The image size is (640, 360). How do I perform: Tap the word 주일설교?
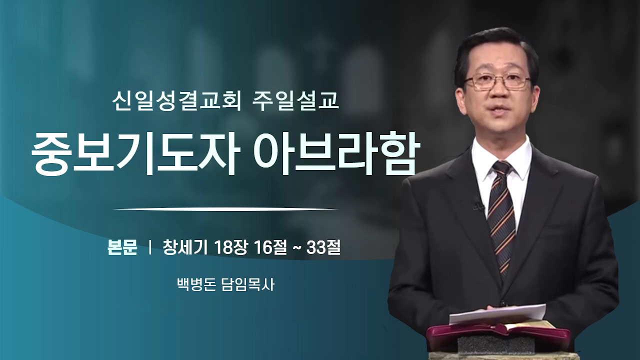point(295,101)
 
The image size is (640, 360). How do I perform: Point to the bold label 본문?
point(122,247)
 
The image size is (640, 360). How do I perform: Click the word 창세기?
point(185,247)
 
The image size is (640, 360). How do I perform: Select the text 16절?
point(270,247)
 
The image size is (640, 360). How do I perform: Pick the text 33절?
point(323,247)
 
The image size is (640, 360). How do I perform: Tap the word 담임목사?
point(248,284)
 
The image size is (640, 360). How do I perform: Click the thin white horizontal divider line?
point(225,209)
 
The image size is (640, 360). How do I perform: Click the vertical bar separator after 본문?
point(150,248)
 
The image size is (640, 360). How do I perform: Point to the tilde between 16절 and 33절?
point(296,248)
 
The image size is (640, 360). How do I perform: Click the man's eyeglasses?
point(497,81)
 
